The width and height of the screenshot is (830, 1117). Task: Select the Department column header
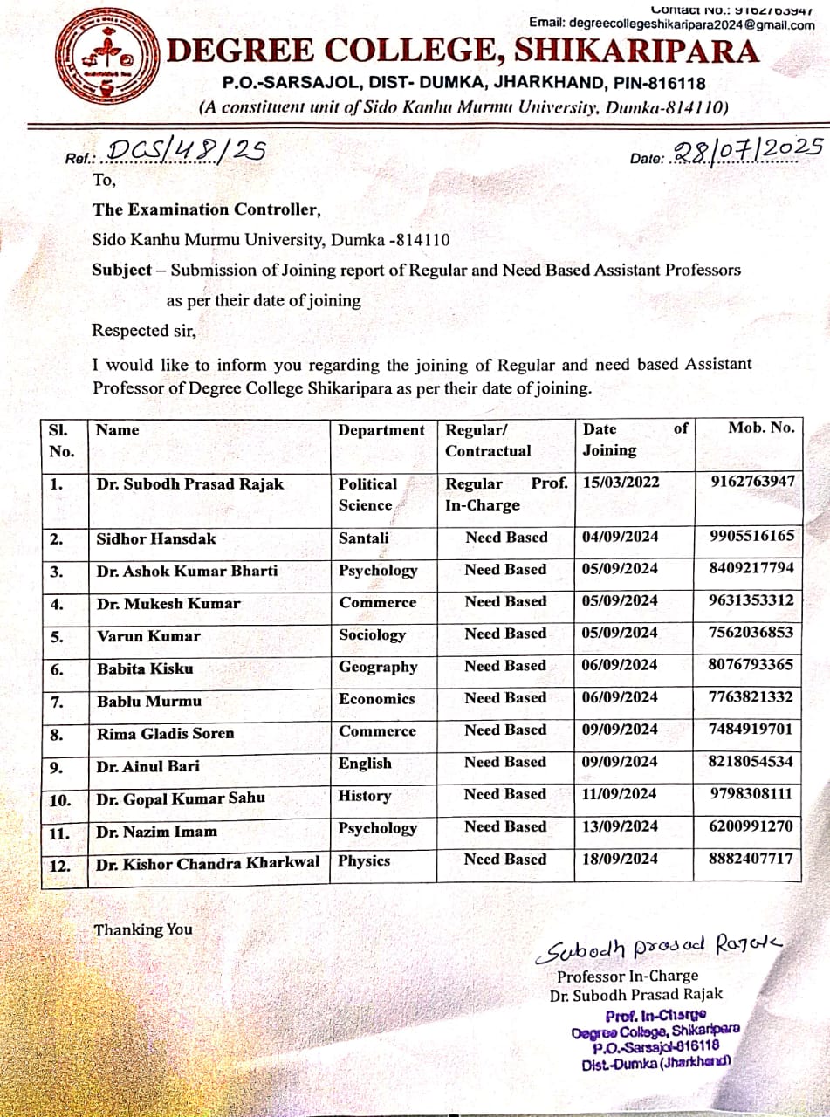381,430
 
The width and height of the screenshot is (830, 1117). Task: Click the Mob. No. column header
761,428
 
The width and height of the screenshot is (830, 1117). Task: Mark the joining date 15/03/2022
621,483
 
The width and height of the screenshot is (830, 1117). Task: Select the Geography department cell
378,668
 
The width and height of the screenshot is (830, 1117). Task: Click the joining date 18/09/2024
620,859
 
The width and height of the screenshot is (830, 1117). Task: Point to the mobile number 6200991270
751,826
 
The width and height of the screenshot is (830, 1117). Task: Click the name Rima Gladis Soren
165,733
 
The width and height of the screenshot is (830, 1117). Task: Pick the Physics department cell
364,860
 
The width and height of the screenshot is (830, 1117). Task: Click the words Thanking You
143,929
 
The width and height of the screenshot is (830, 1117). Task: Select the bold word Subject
122,270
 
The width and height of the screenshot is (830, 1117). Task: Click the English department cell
365,764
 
